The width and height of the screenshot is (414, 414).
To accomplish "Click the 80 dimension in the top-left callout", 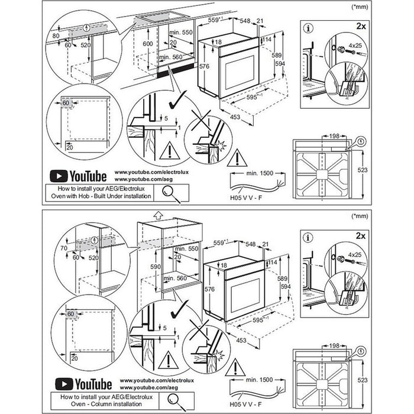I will tap(55, 35).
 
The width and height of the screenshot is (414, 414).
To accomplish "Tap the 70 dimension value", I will tap(56, 250).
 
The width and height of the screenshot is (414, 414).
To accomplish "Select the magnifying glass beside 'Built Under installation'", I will tap(170, 191).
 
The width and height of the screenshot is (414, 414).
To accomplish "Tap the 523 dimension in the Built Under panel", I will tap(363, 170).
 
